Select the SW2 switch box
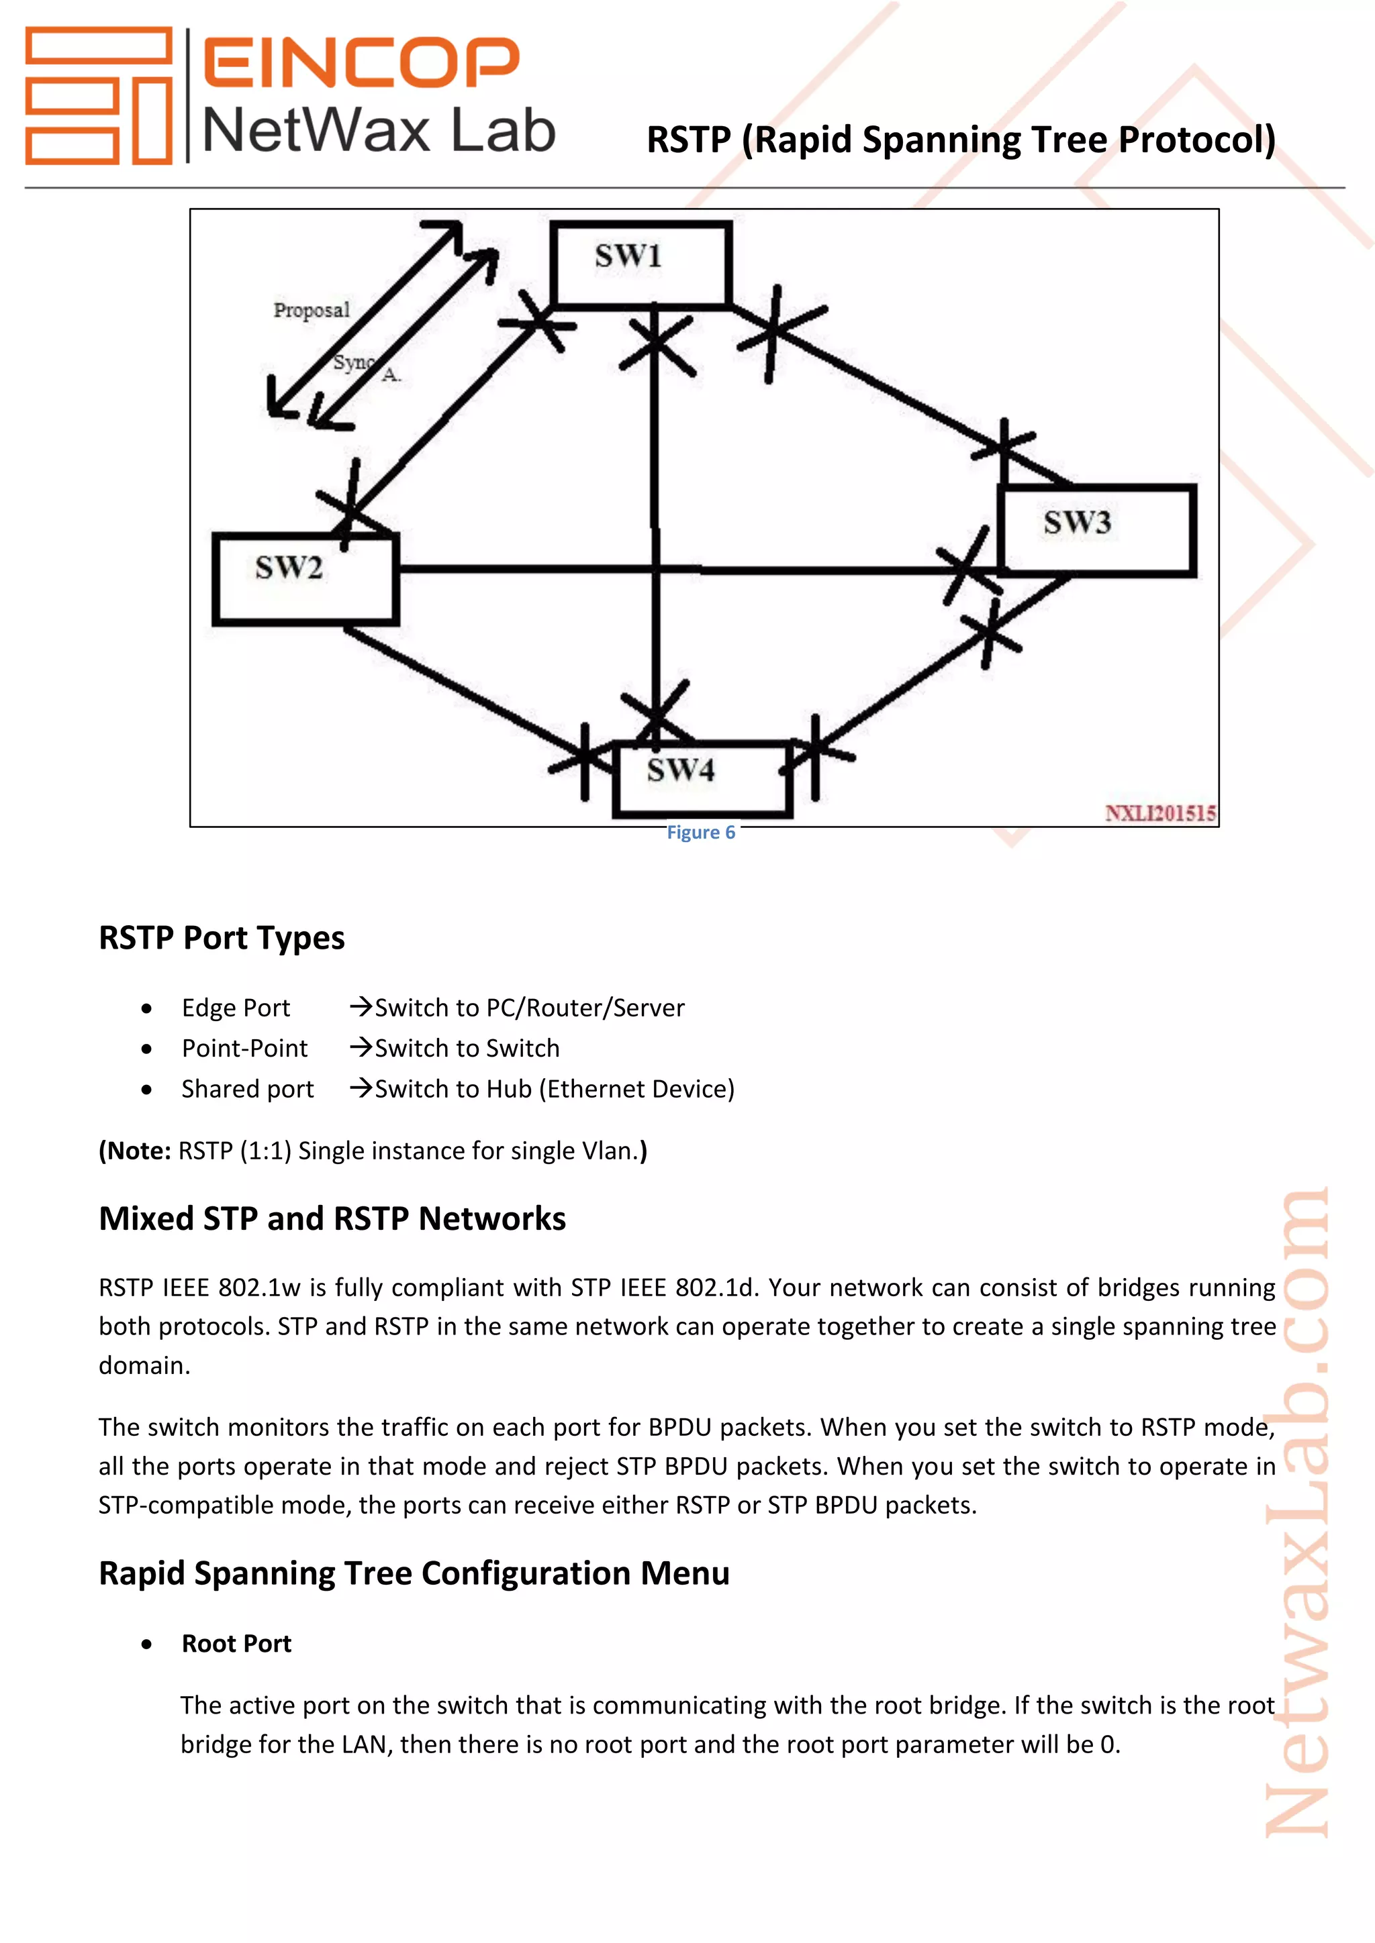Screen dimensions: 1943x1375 coord(305,579)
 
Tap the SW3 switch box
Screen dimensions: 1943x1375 coord(1097,530)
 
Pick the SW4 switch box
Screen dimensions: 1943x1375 coord(702,778)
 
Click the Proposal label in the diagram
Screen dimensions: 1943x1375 coord(311,311)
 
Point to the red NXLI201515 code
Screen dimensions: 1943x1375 coord(1160,813)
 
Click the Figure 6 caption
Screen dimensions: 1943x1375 coord(701,833)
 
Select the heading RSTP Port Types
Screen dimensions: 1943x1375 coord(222,939)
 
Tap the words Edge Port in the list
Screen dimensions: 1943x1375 coord(236,1008)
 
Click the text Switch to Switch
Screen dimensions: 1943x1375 coord(467,1049)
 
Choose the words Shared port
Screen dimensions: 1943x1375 coord(247,1089)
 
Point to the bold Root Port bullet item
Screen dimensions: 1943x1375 coord(236,1643)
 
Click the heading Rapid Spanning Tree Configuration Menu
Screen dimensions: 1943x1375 coord(414,1573)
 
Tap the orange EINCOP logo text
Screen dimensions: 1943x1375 coord(361,62)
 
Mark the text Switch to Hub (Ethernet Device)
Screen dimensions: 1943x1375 coord(555,1089)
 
